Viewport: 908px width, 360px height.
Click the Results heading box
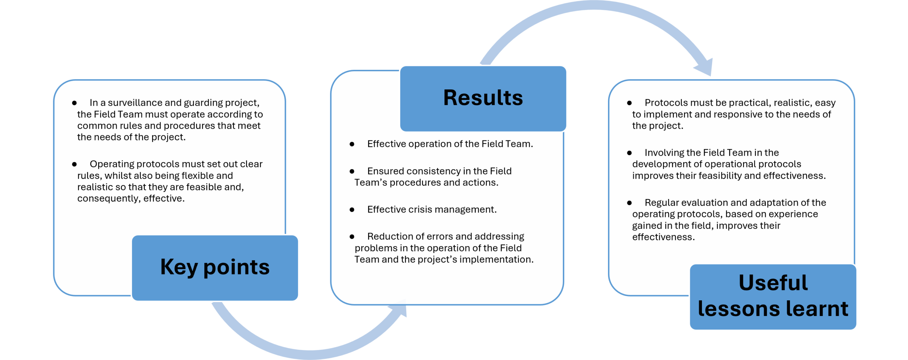coord(483,98)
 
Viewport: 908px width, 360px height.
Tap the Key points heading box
coord(215,268)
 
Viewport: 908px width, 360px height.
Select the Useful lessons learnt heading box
coord(773,297)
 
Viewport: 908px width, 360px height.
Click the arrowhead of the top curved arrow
coord(704,67)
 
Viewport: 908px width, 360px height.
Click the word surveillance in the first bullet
coord(135,103)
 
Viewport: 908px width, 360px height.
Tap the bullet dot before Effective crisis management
coord(352,210)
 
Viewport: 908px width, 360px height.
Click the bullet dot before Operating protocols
coord(74,164)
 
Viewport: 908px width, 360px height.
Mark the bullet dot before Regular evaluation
coord(629,203)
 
